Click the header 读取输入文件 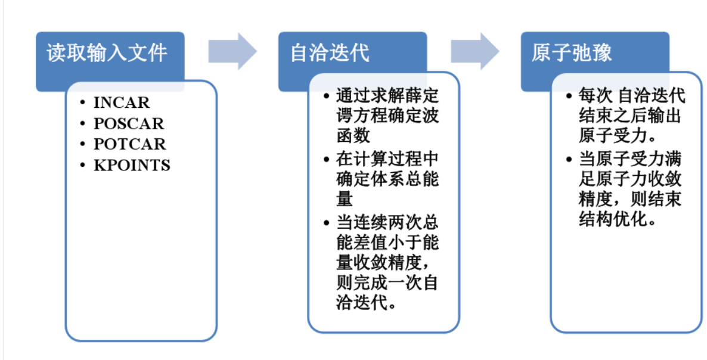pyautogui.click(x=107, y=53)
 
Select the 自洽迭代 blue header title pyautogui.click(x=330, y=53)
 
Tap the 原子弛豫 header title pyautogui.click(x=572, y=53)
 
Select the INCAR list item pyautogui.click(x=122, y=103)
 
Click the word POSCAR pyautogui.click(x=129, y=123)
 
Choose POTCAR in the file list pyautogui.click(x=129, y=144)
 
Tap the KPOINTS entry pyautogui.click(x=132, y=165)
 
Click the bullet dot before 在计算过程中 pyautogui.click(x=325, y=159)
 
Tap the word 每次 pyautogui.click(x=595, y=95)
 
